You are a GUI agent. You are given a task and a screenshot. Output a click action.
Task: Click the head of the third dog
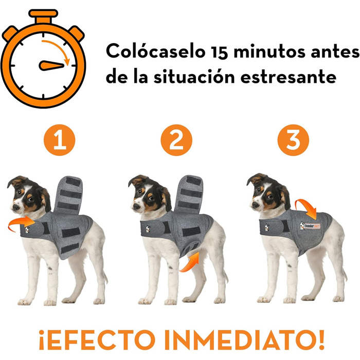[267, 191]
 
